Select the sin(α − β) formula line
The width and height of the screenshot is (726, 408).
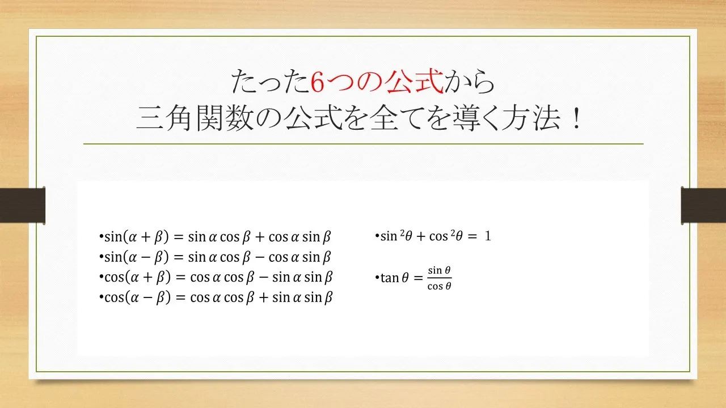click(x=216, y=257)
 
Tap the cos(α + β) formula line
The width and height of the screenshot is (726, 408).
click(x=216, y=277)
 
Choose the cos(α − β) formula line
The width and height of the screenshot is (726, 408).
click(x=216, y=297)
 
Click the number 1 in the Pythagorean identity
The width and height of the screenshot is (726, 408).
click(x=487, y=236)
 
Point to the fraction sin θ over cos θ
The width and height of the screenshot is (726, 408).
click(x=440, y=278)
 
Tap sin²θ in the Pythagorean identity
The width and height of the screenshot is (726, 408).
click(x=392, y=236)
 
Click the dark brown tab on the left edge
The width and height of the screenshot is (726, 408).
click(x=22, y=205)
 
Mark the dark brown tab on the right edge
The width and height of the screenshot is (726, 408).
click(x=703, y=205)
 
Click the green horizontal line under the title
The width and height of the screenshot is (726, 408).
click(x=363, y=144)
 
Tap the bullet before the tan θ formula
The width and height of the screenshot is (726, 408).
click(x=377, y=278)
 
